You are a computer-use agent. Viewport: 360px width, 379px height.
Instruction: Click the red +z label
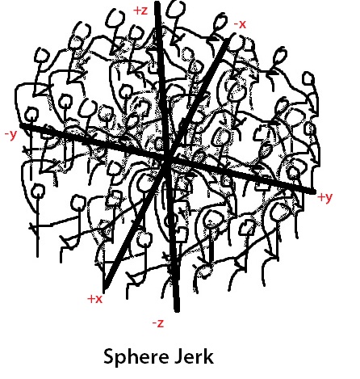click(140, 11)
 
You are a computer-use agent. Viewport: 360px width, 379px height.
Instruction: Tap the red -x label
click(240, 24)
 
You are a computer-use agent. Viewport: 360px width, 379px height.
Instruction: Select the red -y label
click(11, 135)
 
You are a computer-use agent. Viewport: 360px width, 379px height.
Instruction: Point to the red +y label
click(325, 197)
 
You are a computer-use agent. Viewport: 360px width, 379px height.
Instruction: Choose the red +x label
click(95, 299)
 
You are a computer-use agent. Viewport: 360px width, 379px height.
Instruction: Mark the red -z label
click(158, 323)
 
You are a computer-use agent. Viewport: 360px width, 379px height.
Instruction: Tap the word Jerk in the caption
click(194, 356)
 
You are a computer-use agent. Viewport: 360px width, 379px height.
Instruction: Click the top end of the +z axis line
click(157, 3)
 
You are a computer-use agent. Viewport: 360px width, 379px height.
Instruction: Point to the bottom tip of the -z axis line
click(177, 310)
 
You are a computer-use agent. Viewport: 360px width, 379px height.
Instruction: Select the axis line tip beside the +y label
click(313, 192)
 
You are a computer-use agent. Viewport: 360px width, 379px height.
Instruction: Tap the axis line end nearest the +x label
click(105, 287)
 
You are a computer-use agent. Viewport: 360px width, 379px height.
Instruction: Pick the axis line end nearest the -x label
click(227, 40)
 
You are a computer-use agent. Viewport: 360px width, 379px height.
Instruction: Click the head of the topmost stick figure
click(176, 9)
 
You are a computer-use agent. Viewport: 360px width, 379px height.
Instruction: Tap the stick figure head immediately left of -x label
click(220, 22)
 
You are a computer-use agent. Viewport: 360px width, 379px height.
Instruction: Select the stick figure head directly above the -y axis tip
click(31, 115)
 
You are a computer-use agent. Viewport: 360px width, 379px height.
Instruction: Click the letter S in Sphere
click(110, 356)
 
